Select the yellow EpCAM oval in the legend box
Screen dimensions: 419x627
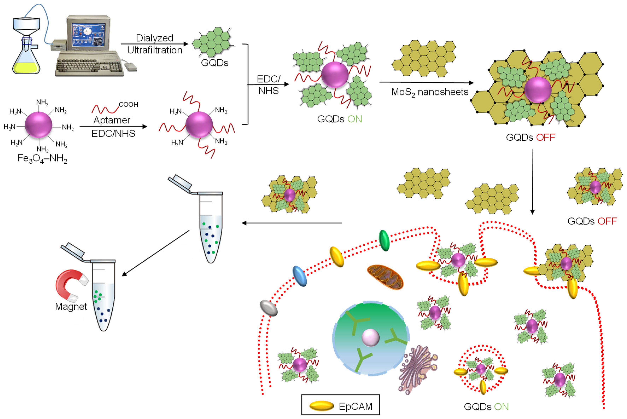(322, 406)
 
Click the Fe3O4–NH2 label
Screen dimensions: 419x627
(42, 159)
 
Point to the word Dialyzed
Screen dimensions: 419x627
(155, 38)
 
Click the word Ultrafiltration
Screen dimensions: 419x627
(155, 50)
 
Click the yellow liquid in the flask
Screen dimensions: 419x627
(26, 68)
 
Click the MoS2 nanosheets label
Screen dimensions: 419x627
(430, 92)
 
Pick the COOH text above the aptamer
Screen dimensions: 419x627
(128, 104)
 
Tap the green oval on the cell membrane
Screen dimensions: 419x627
(384, 241)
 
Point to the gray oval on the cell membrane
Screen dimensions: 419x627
(268, 308)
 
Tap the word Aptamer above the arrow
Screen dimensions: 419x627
(112, 120)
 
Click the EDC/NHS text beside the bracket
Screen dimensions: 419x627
(268, 85)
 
